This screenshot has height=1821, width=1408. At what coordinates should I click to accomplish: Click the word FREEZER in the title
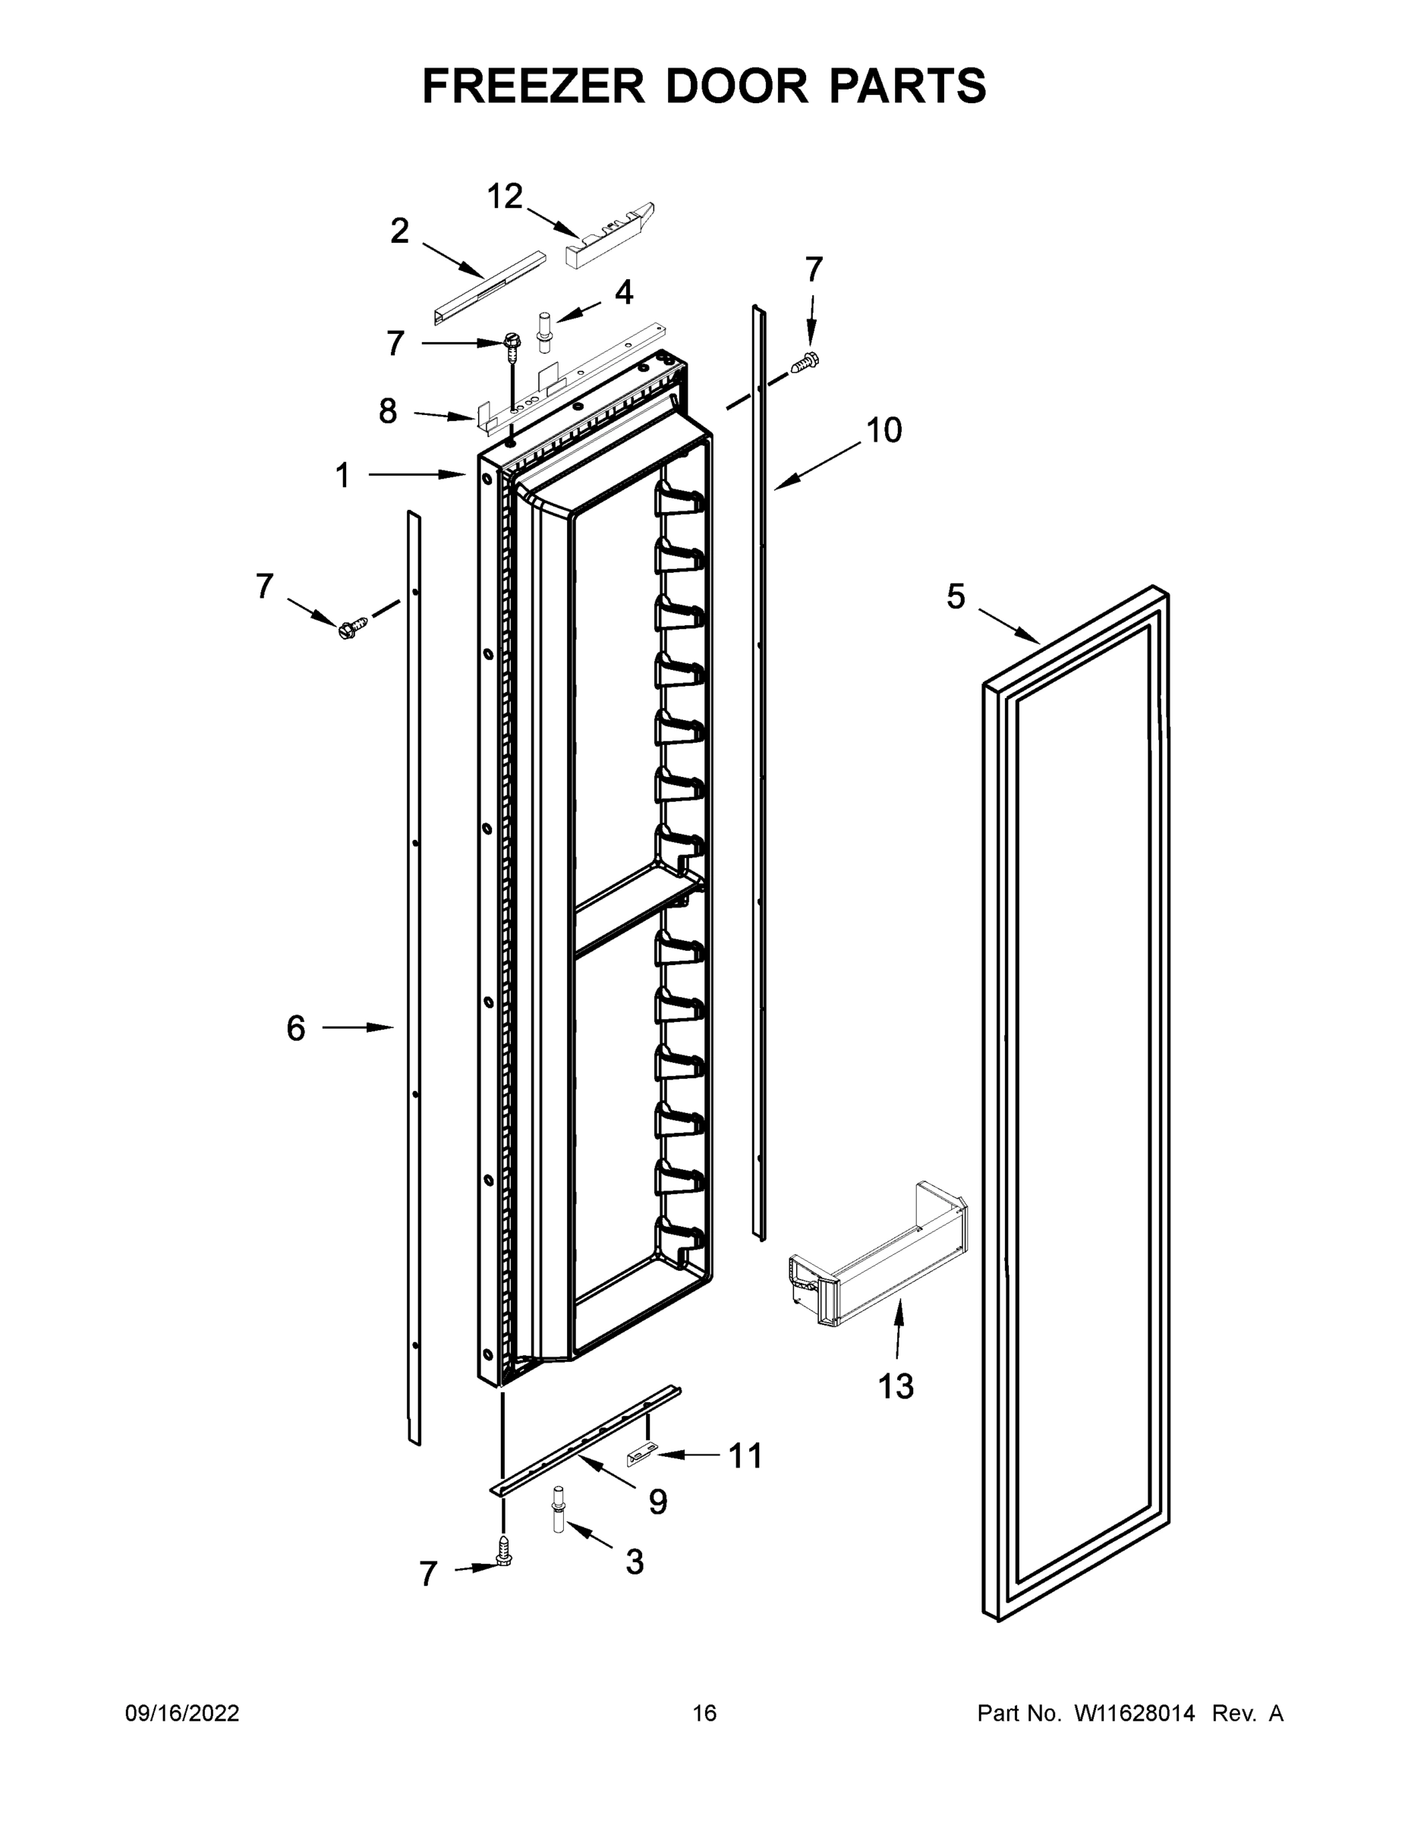pyautogui.click(x=533, y=86)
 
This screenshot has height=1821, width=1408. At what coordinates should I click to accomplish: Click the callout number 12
pyautogui.click(x=504, y=197)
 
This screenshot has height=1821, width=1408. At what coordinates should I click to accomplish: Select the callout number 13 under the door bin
pyautogui.click(x=895, y=1386)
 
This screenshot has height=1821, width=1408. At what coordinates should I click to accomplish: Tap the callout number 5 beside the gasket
pyautogui.click(x=955, y=597)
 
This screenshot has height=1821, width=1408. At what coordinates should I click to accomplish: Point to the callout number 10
pyautogui.click(x=884, y=431)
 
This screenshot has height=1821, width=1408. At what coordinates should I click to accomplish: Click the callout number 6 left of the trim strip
pyautogui.click(x=296, y=1028)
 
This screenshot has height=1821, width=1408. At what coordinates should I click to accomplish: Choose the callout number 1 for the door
pyautogui.click(x=342, y=475)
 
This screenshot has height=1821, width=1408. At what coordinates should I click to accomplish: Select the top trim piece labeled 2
pyautogui.click(x=488, y=287)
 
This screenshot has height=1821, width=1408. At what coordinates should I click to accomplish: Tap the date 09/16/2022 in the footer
pyautogui.click(x=182, y=1712)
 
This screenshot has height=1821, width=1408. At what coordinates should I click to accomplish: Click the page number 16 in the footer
pyautogui.click(x=704, y=1712)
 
